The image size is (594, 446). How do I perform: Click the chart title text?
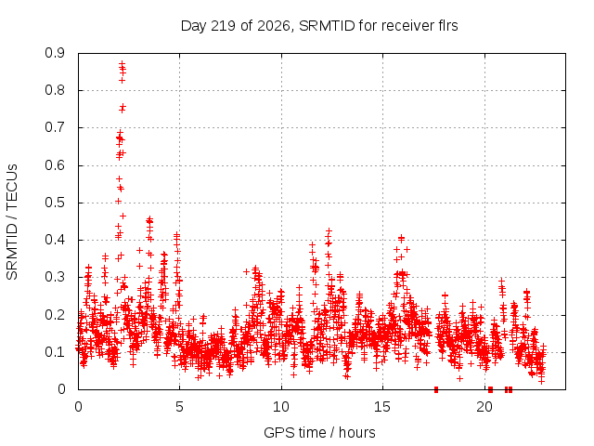coord(319,26)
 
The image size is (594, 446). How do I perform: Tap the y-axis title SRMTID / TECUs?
coord(12,222)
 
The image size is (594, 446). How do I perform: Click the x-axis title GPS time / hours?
coord(319,432)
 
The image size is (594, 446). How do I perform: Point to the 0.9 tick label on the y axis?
coord(55,53)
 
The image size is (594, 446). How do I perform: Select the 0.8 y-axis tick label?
coord(55,90)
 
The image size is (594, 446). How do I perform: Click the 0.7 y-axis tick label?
coord(55,127)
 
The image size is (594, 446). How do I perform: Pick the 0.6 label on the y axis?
coord(55,165)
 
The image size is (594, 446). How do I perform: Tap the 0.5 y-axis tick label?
coord(55,203)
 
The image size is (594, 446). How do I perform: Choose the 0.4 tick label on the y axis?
coord(55,240)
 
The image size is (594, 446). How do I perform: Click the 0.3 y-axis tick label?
coord(55,277)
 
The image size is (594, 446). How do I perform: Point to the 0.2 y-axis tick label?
coord(55,315)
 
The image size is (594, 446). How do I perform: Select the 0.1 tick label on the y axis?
coord(55,352)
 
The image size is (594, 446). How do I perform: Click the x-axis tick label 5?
coord(179,407)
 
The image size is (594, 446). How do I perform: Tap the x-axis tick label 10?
coord(281,407)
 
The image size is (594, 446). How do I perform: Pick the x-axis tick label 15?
coord(382,407)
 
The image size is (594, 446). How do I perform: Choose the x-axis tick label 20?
coord(484,407)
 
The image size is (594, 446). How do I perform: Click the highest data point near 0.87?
coord(122,64)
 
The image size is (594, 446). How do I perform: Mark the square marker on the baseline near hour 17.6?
coord(436,389)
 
